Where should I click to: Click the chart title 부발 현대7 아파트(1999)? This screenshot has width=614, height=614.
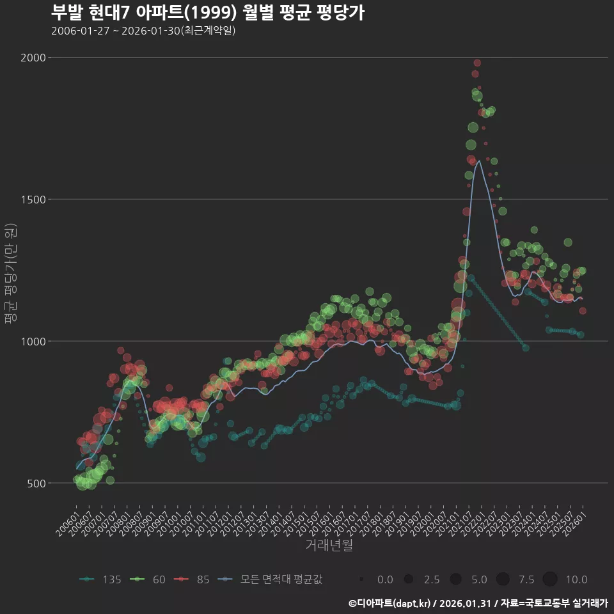coord(207,13)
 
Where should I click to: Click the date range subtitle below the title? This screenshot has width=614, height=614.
coord(143,31)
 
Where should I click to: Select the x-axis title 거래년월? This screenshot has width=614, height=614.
coord(329,545)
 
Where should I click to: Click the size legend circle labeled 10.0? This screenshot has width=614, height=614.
coord(550,579)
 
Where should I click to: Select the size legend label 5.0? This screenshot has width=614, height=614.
coord(479,579)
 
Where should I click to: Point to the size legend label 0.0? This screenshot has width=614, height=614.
coord(385,579)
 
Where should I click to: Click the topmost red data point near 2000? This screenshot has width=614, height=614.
coord(477,63)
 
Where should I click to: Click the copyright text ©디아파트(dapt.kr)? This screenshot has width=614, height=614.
coord(390,603)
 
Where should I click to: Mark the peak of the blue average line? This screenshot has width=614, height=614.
coord(480,161)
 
